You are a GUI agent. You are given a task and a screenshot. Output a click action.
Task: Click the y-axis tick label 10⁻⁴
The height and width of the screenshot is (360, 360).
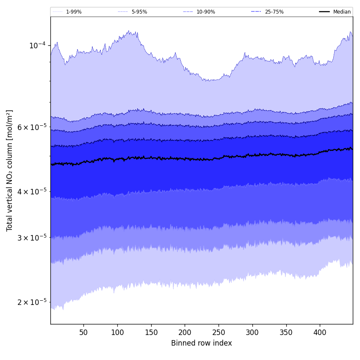click(x=37, y=45)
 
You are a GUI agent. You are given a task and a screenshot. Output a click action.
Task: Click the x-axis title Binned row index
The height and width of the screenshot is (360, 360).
click(x=202, y=343)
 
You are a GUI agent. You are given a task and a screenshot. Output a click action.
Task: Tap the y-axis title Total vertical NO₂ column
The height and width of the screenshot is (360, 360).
click(x=10, y=170)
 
